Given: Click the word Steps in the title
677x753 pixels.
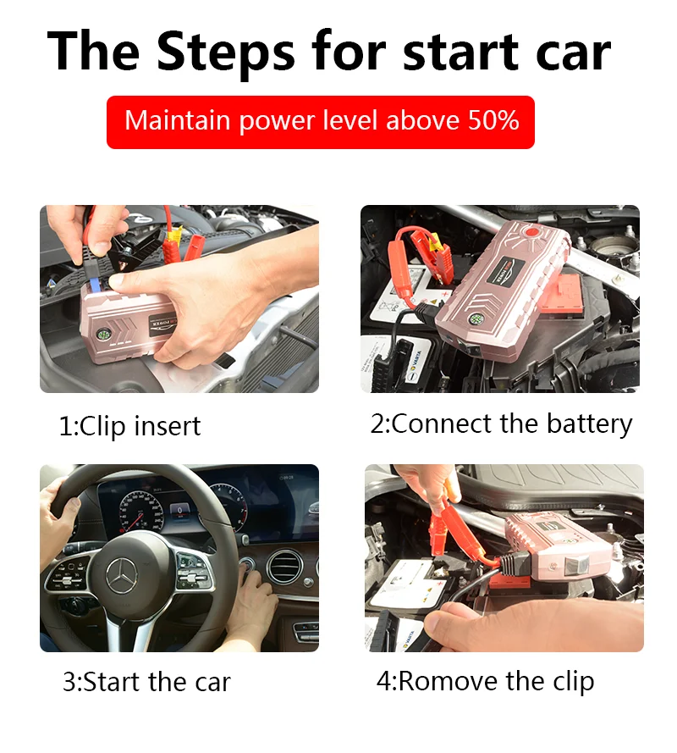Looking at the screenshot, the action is (225, 53).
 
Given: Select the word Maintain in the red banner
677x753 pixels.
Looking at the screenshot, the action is (177, 120).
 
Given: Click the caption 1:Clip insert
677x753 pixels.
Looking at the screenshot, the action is (129, 426).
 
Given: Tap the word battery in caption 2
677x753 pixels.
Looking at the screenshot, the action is (589, 424).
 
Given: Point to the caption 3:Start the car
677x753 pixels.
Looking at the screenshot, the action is (146, 682).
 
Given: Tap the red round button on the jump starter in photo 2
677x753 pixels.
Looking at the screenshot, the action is (531, 232).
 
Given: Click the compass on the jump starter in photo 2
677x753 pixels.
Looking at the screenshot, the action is (474, 318).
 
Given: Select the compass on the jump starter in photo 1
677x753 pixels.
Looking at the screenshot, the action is (103, 335).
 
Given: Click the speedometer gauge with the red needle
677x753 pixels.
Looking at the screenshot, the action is (141, 512).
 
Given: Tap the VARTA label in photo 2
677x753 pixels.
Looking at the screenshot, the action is (416, 363).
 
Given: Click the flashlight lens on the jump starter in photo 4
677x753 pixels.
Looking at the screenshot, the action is (575, 565).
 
